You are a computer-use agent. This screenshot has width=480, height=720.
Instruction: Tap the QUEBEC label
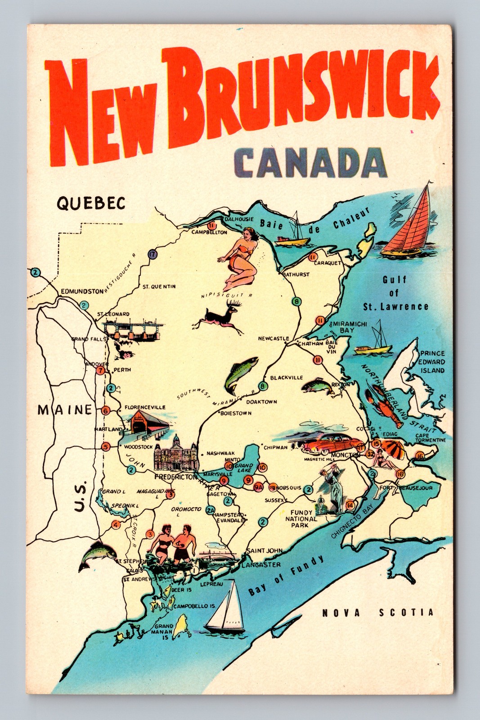(x=90, y=203)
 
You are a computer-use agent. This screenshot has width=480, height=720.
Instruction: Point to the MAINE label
(x=65, y=410)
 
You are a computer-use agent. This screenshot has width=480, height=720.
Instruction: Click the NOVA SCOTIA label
(x=378, y=612)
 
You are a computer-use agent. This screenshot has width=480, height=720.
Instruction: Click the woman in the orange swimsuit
(x=238, y=256)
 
